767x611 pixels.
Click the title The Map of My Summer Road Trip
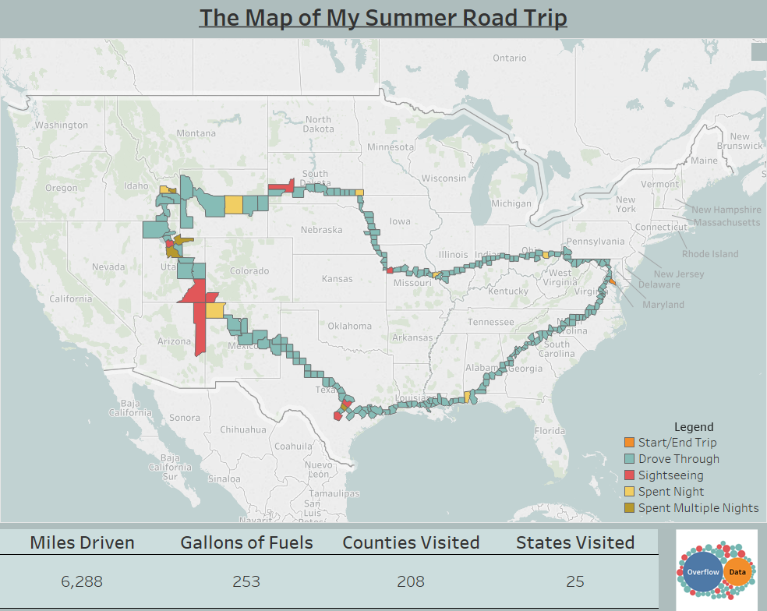[383, 18]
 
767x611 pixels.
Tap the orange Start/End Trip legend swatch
[630, 443]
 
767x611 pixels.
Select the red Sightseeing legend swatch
[630, 475]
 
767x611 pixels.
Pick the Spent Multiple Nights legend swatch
[630, 508]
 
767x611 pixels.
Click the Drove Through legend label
[679, 459]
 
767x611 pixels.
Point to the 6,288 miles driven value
[82, 581]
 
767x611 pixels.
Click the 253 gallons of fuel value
[246, 581]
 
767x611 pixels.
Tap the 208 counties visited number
[411, 581]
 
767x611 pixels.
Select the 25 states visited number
[575, 581]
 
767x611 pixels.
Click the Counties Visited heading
[411, 542]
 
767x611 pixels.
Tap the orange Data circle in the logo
[734, 572]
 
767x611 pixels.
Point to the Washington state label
[62, 125]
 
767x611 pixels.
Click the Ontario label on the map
[510, 58]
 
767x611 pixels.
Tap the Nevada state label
[108, 267]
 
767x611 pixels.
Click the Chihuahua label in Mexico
[242, 429]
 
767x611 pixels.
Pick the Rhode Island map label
[710, 254]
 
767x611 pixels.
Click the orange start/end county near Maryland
[613, 281]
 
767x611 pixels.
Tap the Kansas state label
[337, 278]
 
